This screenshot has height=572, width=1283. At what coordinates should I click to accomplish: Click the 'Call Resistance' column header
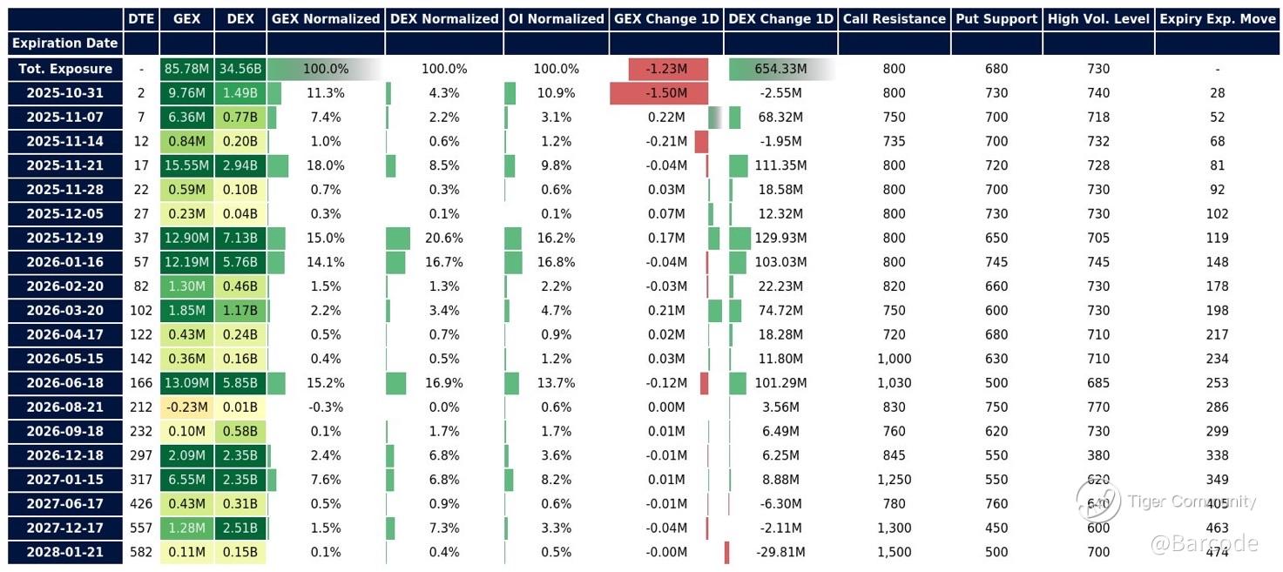pos(894,18)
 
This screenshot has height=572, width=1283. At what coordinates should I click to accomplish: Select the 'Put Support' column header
pos(996,18)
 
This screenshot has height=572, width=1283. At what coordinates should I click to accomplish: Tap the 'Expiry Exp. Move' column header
pos(1217,18)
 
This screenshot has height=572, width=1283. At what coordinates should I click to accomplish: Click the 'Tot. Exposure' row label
pos(62,69)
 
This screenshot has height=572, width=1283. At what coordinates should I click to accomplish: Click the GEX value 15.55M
pos(186,165)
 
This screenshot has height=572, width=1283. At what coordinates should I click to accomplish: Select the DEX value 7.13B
pos(240,238)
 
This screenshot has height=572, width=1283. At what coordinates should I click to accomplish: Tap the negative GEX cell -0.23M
pos(186,407)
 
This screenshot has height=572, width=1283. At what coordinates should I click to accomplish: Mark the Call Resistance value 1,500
pos(894,552)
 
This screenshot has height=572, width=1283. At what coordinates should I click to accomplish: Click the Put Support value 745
pos(996,262)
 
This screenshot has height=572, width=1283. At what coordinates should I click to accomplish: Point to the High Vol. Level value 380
pos(1098,455)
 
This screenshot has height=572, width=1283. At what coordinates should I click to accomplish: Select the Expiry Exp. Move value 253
pos(1217,383)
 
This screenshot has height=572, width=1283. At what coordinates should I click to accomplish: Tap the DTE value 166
pos(141,383)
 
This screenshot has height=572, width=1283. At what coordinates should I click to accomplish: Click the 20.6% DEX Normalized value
pos(444,238)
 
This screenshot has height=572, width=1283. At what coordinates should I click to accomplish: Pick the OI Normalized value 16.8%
pos(556,262)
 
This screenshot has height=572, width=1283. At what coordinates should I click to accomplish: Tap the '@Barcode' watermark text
pos(1204,544)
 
